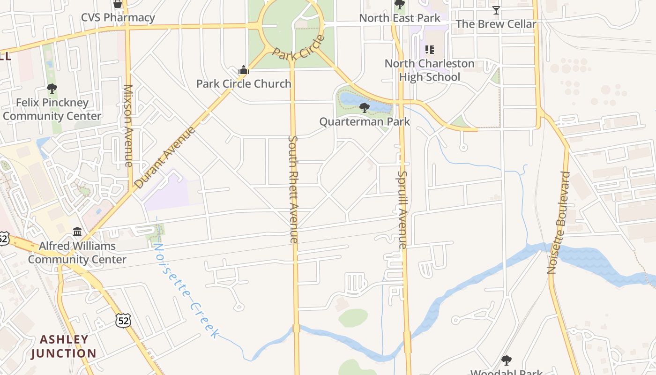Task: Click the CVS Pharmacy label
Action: (118, 18)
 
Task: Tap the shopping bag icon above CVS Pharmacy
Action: (118, 4)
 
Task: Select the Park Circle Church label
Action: (244, 84)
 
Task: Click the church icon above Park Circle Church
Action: (243, 71)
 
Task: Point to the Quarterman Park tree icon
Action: (364, 108)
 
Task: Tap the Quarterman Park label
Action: (364, 122)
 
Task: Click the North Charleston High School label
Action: (429, 70)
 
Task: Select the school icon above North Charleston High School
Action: (429, 49)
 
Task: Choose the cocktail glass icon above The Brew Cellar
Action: (496, 10)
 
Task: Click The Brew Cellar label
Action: (496, 24)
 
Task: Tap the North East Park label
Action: (400, 18)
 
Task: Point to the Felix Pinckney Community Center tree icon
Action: (52, 89)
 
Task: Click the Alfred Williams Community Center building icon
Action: (77, 232)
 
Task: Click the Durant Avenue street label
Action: (164, 157)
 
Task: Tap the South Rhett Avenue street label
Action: (293, 189)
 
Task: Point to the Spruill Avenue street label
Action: (402, 210)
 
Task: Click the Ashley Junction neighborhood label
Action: (64, 346)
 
